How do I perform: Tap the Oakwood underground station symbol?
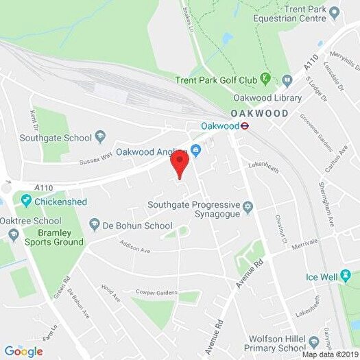pyautogui.click(x=243, y=125)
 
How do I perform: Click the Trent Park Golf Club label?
pyautogui.click(x=215, y=80)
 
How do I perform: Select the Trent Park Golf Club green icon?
pyautogui.click(x=266, y=80)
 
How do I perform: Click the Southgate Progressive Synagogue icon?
pyautogui.click(x=248, y=206)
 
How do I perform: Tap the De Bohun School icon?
pyautogui.click(x=95, y=224)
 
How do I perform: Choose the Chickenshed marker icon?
pyautogui.click(x=26, y=201)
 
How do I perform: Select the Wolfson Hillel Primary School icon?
pyautogui.click(x=314, y=341)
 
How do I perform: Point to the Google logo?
pyautogui.click(x=23, y=352)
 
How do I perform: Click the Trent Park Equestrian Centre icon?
pyautogui.click(x=335, y=12)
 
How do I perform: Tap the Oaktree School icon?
pyautogui.click(x=14, y=235)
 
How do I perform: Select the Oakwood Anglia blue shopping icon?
pyautogui.click(x=196, y=151)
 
